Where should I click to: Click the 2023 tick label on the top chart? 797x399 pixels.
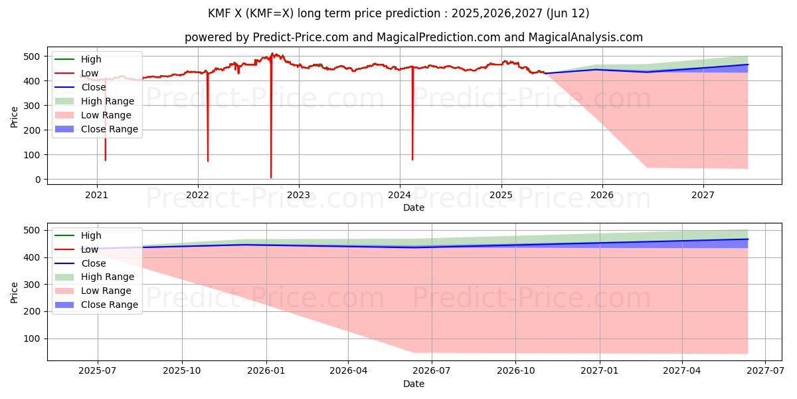click(298, 196)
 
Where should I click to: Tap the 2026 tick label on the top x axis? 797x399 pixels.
click(602, 196)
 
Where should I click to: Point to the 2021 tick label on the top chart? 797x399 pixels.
click(97, 196)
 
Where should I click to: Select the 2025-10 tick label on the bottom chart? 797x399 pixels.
click(182, 372)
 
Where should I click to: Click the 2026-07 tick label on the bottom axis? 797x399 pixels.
click(432, 372)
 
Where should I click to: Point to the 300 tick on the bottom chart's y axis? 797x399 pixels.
click(35, 285)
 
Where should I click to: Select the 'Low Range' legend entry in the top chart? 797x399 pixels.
click(108, 115)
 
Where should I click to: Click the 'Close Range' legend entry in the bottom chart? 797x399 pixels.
click(110, 305)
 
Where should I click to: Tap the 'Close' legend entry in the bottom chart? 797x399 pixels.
click(94, 263)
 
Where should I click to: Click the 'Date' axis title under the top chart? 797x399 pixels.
click(414, 207)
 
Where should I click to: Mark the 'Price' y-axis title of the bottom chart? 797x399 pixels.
click(15, 291)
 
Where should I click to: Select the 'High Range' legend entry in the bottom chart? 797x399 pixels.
click(108, 277)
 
